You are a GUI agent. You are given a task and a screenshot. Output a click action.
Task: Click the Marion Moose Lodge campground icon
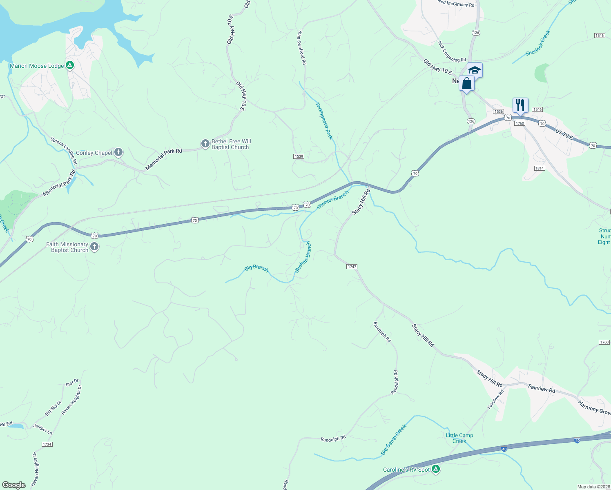coord(70,65)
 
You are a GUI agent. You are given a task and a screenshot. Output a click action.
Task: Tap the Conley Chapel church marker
coord(118,152)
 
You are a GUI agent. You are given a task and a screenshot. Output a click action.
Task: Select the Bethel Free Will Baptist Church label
coord(231,144)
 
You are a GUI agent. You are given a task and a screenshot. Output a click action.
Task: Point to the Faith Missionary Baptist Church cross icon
coord(94,247)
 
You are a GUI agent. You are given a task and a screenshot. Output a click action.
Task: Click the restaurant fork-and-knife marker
coord(520,105)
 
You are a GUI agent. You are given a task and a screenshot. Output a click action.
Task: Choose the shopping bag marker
coord(466,83)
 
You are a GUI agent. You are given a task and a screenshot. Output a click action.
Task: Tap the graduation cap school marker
coord(475,70)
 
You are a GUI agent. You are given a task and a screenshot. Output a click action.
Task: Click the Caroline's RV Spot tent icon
coord(436,469)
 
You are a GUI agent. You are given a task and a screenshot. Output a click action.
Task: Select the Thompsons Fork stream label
coord(324,120)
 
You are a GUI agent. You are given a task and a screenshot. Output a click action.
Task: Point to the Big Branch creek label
coord(256,268)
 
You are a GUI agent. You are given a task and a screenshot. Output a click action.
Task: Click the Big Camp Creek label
coord(393,440)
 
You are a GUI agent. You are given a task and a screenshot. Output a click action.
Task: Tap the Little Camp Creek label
coord(459,438)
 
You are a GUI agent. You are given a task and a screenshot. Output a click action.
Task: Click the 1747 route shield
coord(352,267)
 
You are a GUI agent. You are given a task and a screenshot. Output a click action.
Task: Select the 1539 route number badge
coord(299,156)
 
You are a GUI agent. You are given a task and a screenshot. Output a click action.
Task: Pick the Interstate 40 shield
coord(577,440)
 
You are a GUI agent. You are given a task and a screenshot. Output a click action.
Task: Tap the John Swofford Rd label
coord(302,47)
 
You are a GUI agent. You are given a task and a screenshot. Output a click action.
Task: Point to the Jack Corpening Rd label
coord(451,51)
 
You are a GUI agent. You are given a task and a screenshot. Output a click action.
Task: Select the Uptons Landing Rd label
coord(64,151)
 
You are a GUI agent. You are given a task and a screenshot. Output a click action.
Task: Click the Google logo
coord(14,485)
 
